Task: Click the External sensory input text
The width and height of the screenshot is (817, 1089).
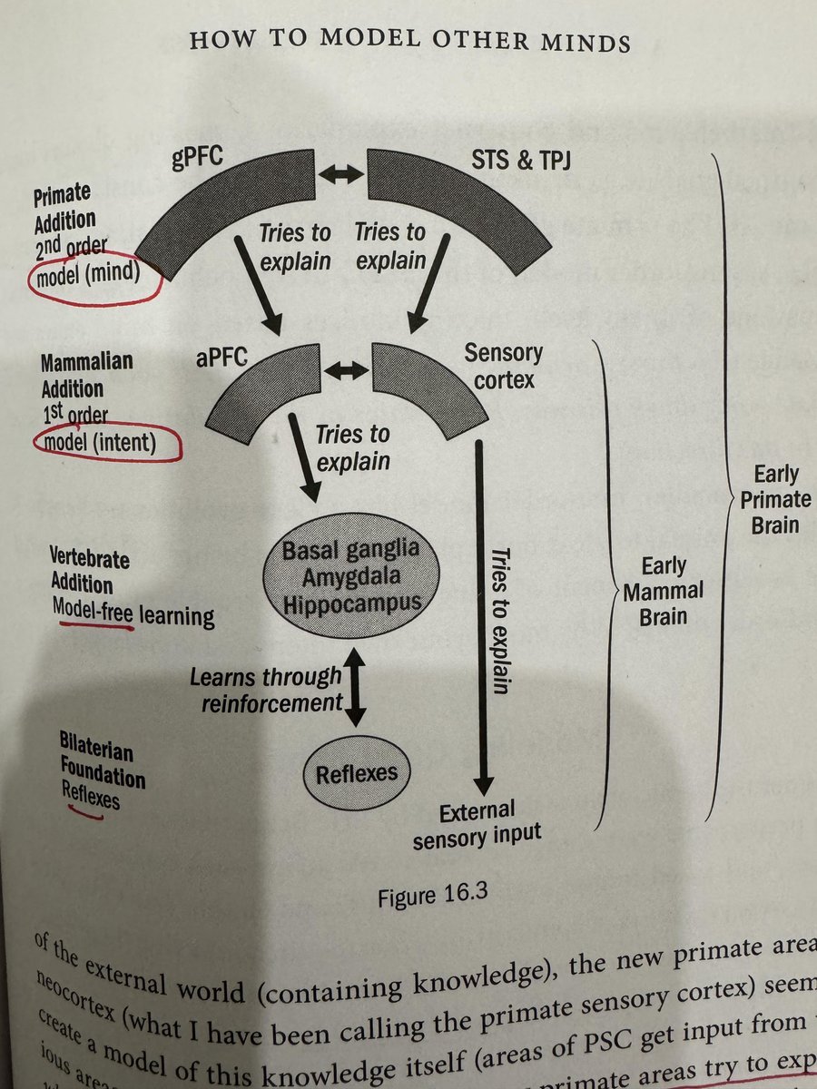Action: tap(477, 824)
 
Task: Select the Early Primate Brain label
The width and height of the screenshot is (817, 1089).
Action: tap(775, 500)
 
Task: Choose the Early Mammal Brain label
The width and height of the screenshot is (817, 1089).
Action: tap(672, 592)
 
